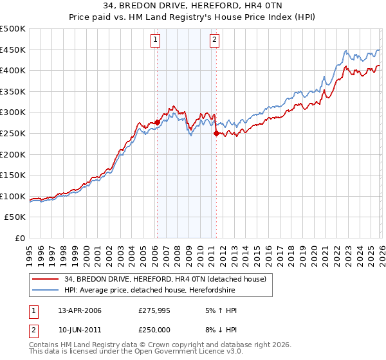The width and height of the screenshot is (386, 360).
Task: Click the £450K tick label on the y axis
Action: click(x=13, y=50)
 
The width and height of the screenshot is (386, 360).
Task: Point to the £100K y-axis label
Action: click(x=13, y=196)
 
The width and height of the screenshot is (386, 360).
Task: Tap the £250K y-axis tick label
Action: click(x=13, y=133)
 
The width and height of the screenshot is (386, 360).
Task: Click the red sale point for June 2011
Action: click(x=216, y=133)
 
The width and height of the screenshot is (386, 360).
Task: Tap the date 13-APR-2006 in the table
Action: click(x=80, y=310)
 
